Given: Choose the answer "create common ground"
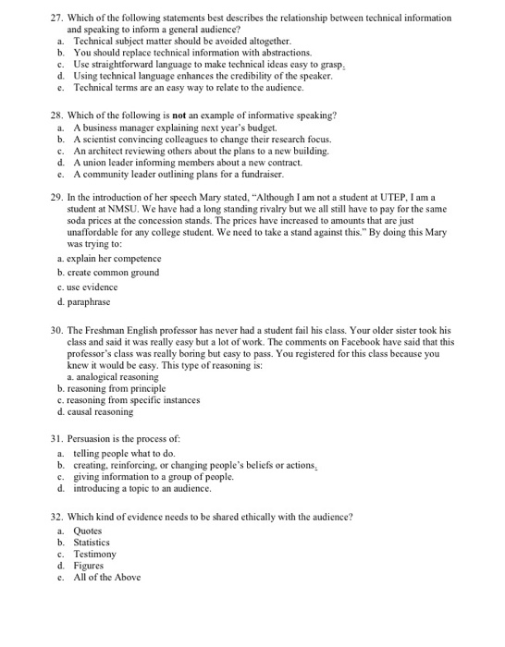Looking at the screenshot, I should pyautogui.click(x=111, y=273).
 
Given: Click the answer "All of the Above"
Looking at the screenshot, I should pyautogui.click(x=107, y=577).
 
